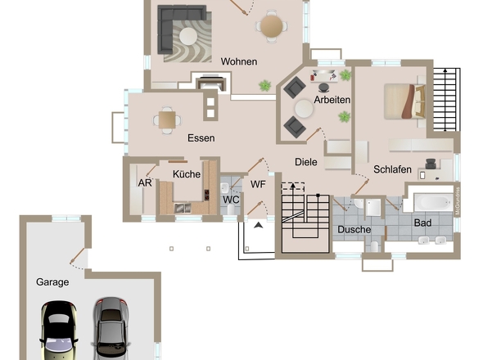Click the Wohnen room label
(x=239, y=61)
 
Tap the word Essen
(x=201, y=138)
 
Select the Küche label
(x=187, y=174)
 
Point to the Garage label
(x=52, y=282)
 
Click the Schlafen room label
(x=392, y=169)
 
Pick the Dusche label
(x=354, y=229)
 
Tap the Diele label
(x=306, y=162)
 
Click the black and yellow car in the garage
(x=59, y=330)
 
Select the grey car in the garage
(x=111, y=328)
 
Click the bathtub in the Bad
(x=433, y=202)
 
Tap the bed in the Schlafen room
(x=405, y=101)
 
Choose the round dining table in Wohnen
(x=271, y=26)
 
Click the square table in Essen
(x=167, y=119)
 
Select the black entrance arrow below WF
(x=259, y=226)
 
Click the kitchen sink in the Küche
(x=183, y=208)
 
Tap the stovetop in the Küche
(x=206, y=195)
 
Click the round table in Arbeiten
(x=304, y=109)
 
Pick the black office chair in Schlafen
(x=431, y=164)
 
